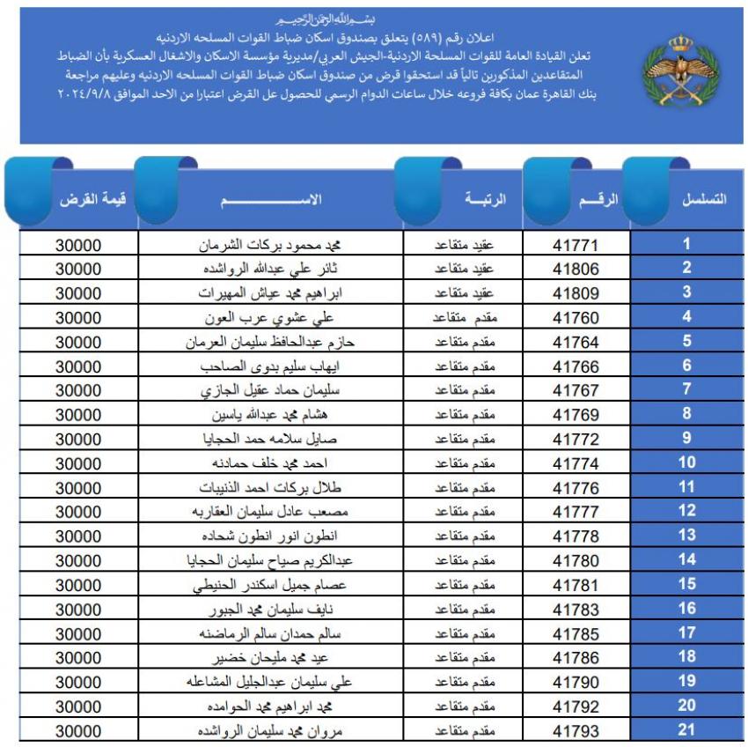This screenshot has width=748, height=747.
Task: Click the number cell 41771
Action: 576,246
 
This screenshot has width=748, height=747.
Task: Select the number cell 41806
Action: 576,270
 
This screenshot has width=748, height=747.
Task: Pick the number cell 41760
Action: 576,318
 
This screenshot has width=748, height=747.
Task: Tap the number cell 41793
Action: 576,730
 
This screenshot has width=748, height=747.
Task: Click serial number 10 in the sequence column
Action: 687,462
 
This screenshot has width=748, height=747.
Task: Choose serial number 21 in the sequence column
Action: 687,729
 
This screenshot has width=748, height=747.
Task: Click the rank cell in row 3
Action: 463,293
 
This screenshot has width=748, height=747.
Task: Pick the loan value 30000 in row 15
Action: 79,584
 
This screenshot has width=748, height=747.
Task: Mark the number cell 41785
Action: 576,632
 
